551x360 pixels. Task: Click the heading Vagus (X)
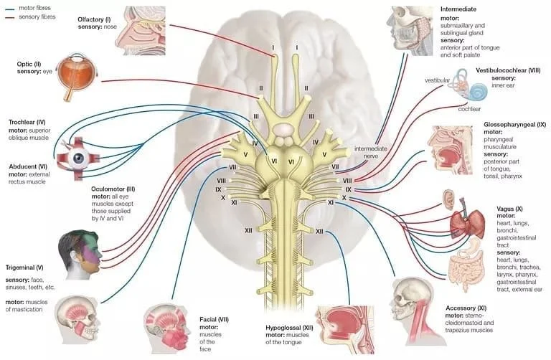[x=492, y=208]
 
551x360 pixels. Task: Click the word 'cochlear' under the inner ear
[x=471, y=110]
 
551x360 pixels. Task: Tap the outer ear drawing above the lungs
[x=448, y=200]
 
